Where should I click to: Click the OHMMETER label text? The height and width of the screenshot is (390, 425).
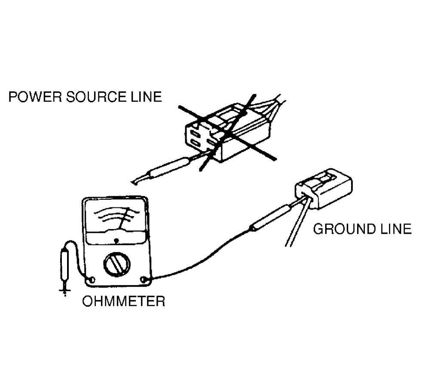click(124, 301)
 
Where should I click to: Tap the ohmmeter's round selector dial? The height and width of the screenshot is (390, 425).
click(116, 265)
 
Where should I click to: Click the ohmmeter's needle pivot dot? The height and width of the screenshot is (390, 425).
click(117, 240)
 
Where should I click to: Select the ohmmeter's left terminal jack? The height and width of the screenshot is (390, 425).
click(92, 280)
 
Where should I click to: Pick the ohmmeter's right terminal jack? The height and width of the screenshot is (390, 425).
click(144, 280)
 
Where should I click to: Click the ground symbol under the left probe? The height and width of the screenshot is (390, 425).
click(65, 291)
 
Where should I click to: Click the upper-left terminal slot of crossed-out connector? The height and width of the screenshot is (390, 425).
click(194, 134)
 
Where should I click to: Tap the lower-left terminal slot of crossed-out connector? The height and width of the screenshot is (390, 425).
click(195, 143)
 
